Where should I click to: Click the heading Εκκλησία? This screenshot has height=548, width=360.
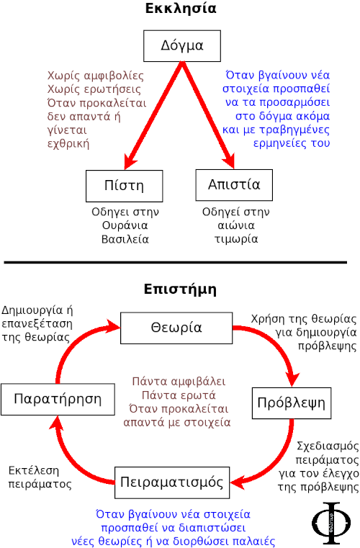click(181, 8)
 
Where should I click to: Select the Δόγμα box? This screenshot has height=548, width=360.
click(182, 46)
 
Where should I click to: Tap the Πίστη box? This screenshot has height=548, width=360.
click(125, 186)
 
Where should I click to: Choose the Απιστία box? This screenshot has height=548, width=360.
click(234, 185)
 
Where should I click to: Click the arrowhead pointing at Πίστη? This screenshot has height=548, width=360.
click(131, 161)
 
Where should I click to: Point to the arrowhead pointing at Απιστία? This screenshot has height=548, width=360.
click(229, 161)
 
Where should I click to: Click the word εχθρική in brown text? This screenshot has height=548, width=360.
click(68, 144)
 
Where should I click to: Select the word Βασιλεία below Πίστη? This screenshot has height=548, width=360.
click(125, 239)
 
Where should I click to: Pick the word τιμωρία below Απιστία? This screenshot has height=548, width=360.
click(236, 239)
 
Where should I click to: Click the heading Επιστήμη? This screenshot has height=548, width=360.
click(180, 289)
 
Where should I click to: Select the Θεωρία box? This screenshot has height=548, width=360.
click(176, 328)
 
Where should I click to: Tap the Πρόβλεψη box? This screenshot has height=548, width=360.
click(292, 403)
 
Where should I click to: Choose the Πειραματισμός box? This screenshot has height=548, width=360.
click(172, 482)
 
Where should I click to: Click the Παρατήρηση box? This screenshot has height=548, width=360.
click(58, 400)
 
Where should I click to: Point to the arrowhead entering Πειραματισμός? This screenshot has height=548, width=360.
click(238, 482)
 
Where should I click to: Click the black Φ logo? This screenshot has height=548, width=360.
click(331, 524)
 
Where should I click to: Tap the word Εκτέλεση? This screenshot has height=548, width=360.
click(34, 471)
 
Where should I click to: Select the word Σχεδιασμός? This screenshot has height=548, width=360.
click(328, 446)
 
